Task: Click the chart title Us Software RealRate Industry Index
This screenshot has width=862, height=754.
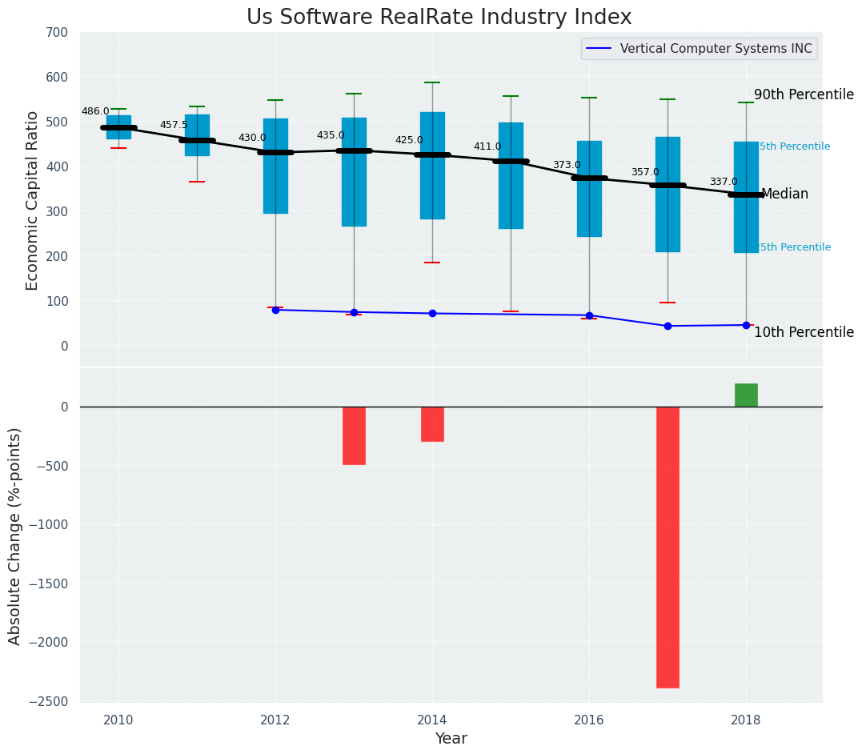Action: [x=439, y=18]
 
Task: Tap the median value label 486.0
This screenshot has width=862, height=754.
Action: [x=95, y=111]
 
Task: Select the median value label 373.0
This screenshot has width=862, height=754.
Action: [x=567, y=165]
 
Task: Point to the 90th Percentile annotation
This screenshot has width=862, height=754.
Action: [x=804, y=94]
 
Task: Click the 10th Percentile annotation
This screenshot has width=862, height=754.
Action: [x=804, y=332]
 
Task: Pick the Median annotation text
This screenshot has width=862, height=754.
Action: [x=784, y=194]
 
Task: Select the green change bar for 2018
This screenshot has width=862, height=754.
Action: [x=746, y=395]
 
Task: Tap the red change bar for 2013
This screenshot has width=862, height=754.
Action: [x=354, y=435]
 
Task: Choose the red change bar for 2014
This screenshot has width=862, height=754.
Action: [x=432, y=423]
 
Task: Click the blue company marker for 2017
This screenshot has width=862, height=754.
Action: [x=668, y=326]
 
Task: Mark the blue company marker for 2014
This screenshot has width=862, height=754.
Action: [x=432, y=313]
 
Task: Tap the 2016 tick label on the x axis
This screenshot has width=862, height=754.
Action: [x=589, y=719]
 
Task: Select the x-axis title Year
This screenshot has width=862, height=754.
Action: [x=451, y=739]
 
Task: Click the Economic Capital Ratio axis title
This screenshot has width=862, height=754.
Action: [x=33, y=200]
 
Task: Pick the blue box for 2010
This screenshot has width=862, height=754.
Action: [x=118, y=127]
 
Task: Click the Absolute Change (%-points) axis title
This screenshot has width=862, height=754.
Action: [x=15, y=535]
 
